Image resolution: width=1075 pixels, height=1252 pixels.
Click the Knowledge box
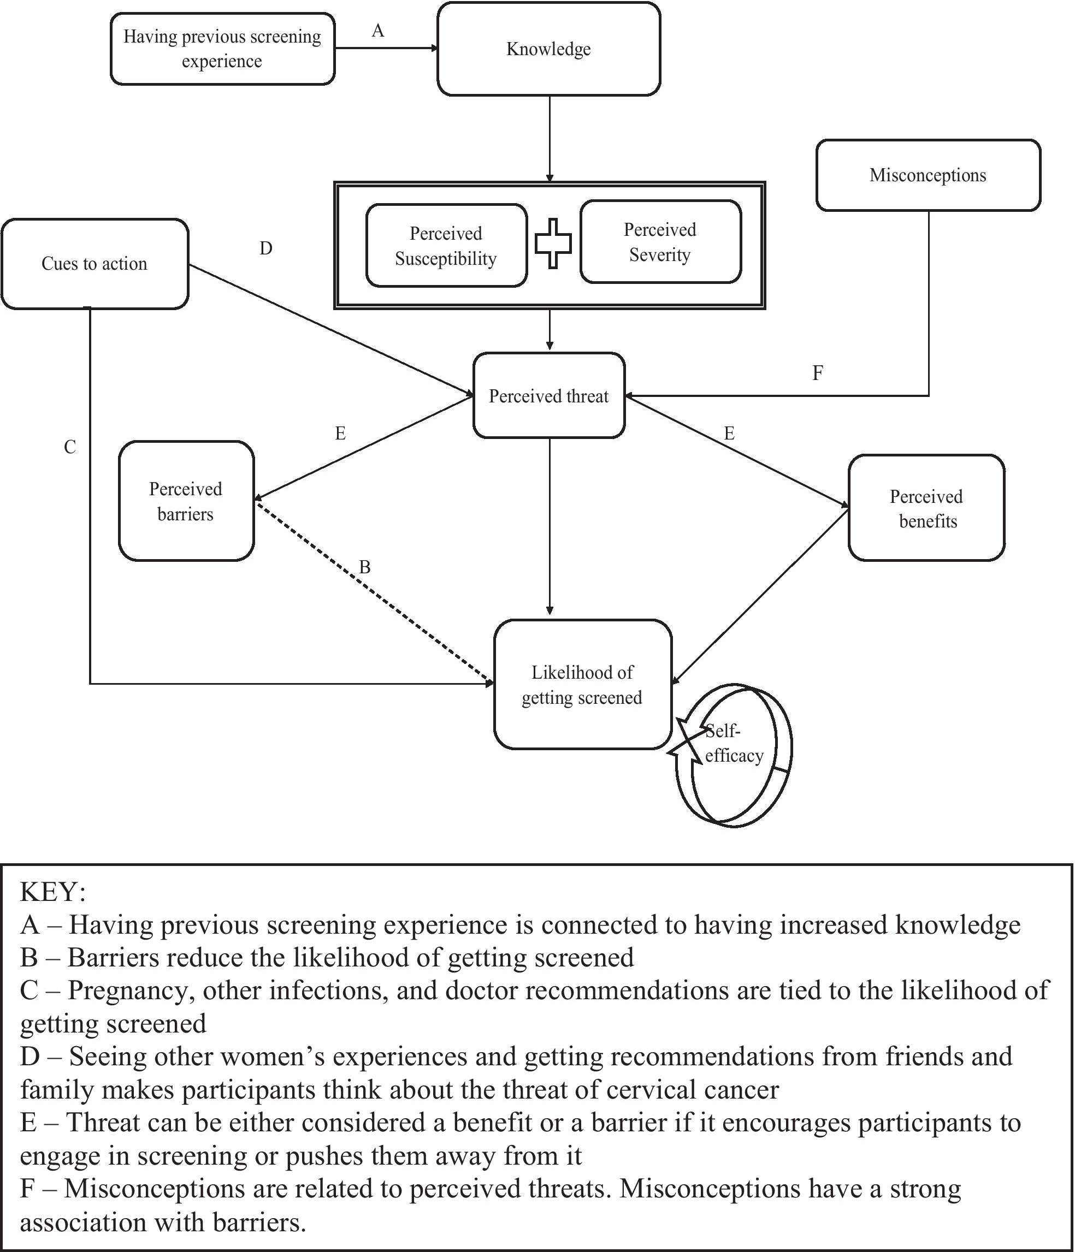(x=548, y=49)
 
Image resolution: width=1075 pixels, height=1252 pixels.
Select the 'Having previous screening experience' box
(x=222, y=49)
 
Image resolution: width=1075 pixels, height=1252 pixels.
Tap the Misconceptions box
(x=928, y=175)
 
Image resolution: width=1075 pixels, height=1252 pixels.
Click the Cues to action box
(x=94, y=264)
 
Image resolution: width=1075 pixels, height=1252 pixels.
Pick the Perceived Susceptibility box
(x=446, y=246)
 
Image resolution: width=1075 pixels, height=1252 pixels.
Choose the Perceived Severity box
(x=660, y=242)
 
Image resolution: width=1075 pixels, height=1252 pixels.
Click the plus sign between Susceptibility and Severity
(x=553, y=243)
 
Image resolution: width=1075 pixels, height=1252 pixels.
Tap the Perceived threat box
(x=548, y=396)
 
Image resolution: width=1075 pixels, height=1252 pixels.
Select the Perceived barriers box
(x=186, y=501)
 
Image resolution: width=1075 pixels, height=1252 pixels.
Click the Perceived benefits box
(x=926, y=508)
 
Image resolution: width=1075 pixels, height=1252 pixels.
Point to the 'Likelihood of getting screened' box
(x=582, y=685)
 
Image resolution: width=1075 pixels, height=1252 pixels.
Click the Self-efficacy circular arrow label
(x=734, y=744)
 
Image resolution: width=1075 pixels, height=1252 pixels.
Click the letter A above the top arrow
(x=378, y=31)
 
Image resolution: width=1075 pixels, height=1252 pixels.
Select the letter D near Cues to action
(x=266, y=248)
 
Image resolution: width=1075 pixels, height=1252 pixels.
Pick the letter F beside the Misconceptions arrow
(x=817, y=373)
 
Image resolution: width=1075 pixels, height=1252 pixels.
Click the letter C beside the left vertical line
(x=70, y=447)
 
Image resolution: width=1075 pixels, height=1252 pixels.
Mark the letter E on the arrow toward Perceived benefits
(x=729, y=433)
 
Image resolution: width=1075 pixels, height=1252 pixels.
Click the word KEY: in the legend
(x=52, y=892)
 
